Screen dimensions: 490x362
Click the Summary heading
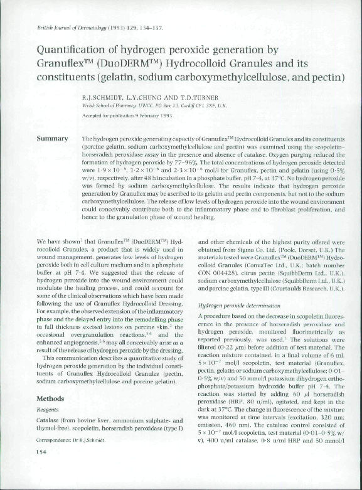[53, 138]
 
